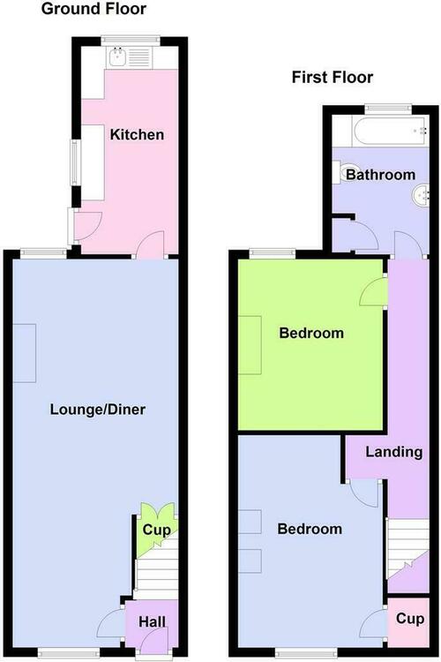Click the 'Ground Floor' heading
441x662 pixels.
[x=93, y=10]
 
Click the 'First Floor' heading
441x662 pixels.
[x=333, y=78]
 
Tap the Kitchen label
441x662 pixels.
[x=137, y=135]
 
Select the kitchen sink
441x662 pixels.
[x=117, y=57]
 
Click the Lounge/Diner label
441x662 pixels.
[x=98, y=409]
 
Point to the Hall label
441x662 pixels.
[x=152, y=621]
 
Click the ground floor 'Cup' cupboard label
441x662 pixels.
[x=157, y=530]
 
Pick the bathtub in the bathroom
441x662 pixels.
[x=390, y=132]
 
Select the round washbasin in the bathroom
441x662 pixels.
[x=421, y=196]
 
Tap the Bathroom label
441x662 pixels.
[x=381, y=175]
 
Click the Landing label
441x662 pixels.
[x=393, y=452]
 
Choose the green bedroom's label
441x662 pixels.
[x=311, y=333]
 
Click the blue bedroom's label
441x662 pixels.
[x=310, y=529]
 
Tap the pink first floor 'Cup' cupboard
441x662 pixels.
[x=408, y=622]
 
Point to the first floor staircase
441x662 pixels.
[x=407, y=549]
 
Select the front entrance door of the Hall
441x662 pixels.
[x=154, y=642]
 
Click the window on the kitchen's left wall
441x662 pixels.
[x=75, y=162]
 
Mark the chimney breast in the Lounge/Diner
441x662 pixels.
[x=24, y=353]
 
